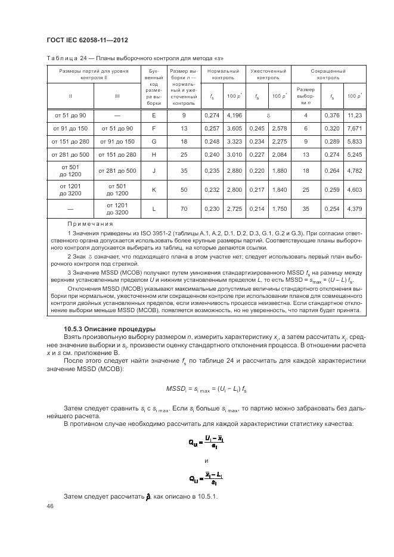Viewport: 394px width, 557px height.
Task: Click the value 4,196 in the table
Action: [234, 114]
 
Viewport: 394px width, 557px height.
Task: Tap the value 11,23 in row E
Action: [355, 114]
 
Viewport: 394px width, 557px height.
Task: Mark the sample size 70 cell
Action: [184, 209]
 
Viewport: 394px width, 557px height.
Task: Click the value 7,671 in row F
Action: [355, 128]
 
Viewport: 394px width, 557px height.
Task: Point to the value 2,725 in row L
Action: [234, 209]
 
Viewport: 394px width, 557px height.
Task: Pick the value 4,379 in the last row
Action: [355, 209]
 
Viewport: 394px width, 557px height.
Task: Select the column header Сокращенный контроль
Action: [328, 74]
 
